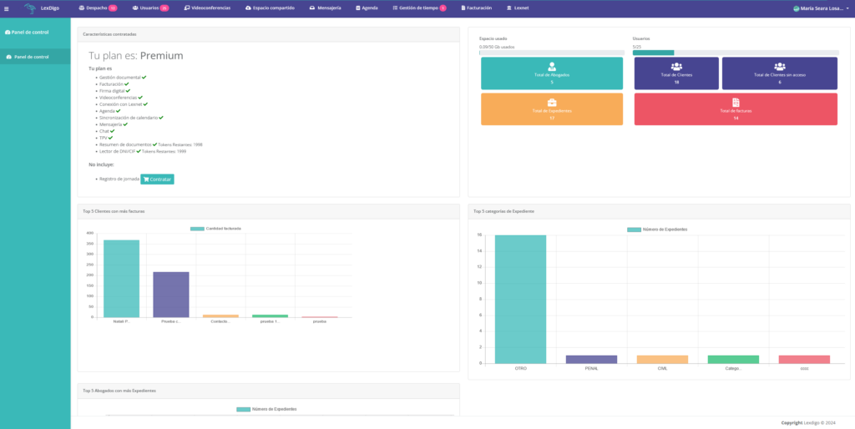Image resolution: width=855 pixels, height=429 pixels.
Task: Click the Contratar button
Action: click(x=157, y=179)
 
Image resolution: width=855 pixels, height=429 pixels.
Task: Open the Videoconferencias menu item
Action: click(x=207, y=8)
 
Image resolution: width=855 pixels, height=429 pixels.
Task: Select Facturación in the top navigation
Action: click(x=476, y=8)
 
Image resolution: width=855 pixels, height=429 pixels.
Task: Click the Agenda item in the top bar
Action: click(x=367, y=8)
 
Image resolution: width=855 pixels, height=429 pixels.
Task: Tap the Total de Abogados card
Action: click(x=551, y=73)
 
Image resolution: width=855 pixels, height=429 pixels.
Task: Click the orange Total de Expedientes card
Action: click(x=551, y=109)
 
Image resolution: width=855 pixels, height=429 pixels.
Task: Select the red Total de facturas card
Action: click(x=736, y=109)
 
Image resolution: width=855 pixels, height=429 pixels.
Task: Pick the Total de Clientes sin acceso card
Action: click(x=779, y=73)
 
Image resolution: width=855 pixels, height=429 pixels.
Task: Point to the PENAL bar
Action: click(x=591, y=359)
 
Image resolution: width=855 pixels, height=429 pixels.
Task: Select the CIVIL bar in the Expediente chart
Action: click(x=662, y=359)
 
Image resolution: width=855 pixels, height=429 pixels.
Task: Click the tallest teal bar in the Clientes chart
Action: click(x=121, y=279)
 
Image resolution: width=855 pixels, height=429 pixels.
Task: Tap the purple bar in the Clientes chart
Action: click(x=170, y=295)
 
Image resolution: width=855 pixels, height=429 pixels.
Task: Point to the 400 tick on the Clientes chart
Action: click(x=90, y=233)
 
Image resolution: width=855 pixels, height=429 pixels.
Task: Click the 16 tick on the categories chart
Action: click(x=479, y=235)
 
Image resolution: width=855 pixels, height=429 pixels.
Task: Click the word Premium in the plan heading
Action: click(x=161, y=56)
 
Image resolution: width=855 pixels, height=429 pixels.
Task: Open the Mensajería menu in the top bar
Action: click(x=325, y=8)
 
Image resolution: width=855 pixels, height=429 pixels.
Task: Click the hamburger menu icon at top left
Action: click(x=7, y=8)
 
